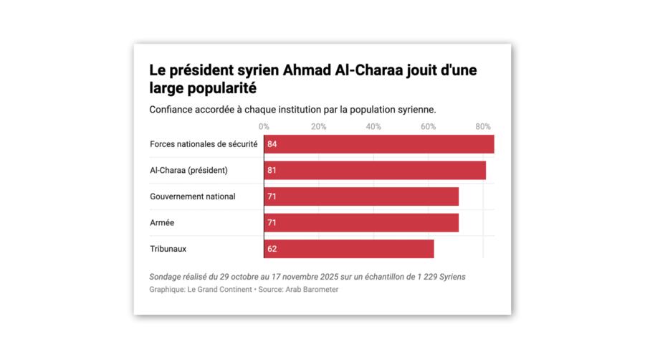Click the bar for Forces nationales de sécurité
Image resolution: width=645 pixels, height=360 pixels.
point(379,144)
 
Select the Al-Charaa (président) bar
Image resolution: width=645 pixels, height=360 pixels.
point(375,171)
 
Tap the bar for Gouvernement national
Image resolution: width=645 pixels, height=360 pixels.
point(361,196)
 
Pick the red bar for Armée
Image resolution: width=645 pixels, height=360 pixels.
point(361,223)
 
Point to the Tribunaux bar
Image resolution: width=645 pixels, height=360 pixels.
point(349,250)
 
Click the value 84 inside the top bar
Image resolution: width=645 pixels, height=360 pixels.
point(272,144)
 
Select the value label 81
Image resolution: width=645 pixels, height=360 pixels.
point(272,171)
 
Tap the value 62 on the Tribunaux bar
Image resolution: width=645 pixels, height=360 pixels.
point(272,250)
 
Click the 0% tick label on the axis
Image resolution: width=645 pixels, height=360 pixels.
point(264,127)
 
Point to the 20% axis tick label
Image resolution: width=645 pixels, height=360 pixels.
point(318,127)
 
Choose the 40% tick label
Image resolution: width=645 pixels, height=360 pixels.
point(373,127)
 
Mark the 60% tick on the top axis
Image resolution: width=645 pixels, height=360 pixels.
point(428,127)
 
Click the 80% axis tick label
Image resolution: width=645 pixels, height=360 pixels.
point(483,127)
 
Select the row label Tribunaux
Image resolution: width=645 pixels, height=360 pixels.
point(168,249)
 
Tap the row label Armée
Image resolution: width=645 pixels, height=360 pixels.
point(162,223)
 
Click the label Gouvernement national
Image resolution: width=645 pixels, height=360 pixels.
point(192,196)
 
